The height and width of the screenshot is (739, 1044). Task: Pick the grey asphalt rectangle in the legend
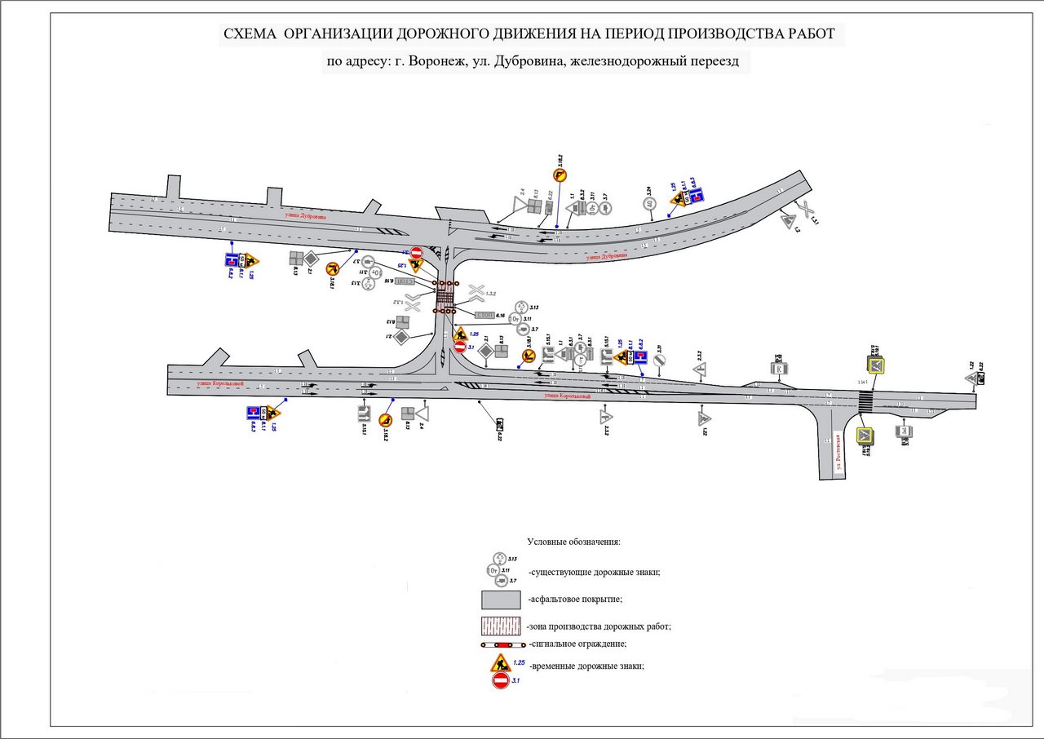click(x=501, y=600)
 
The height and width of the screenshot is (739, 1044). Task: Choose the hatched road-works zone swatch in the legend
click(x=501, y=627)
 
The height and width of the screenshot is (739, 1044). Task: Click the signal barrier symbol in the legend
click(x=501, y=645)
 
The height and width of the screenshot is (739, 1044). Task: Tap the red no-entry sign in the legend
click(x=501, y=680)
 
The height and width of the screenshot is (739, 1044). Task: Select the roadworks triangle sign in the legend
click(x=500, y=663)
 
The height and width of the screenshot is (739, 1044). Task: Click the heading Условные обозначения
click(x=574, y=542)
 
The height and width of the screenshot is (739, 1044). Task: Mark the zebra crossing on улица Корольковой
click(x=865, y=401)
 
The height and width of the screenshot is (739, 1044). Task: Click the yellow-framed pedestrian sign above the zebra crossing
click(x=875, y=364)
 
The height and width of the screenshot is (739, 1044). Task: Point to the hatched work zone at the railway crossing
click(x=445, y=298)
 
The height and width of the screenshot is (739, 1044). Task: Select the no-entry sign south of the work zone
click(x=459, y=347)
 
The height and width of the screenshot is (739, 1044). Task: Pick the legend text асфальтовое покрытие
click(x=577, y=600)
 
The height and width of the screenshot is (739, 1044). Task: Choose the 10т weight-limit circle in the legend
click(x=494, y=570)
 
